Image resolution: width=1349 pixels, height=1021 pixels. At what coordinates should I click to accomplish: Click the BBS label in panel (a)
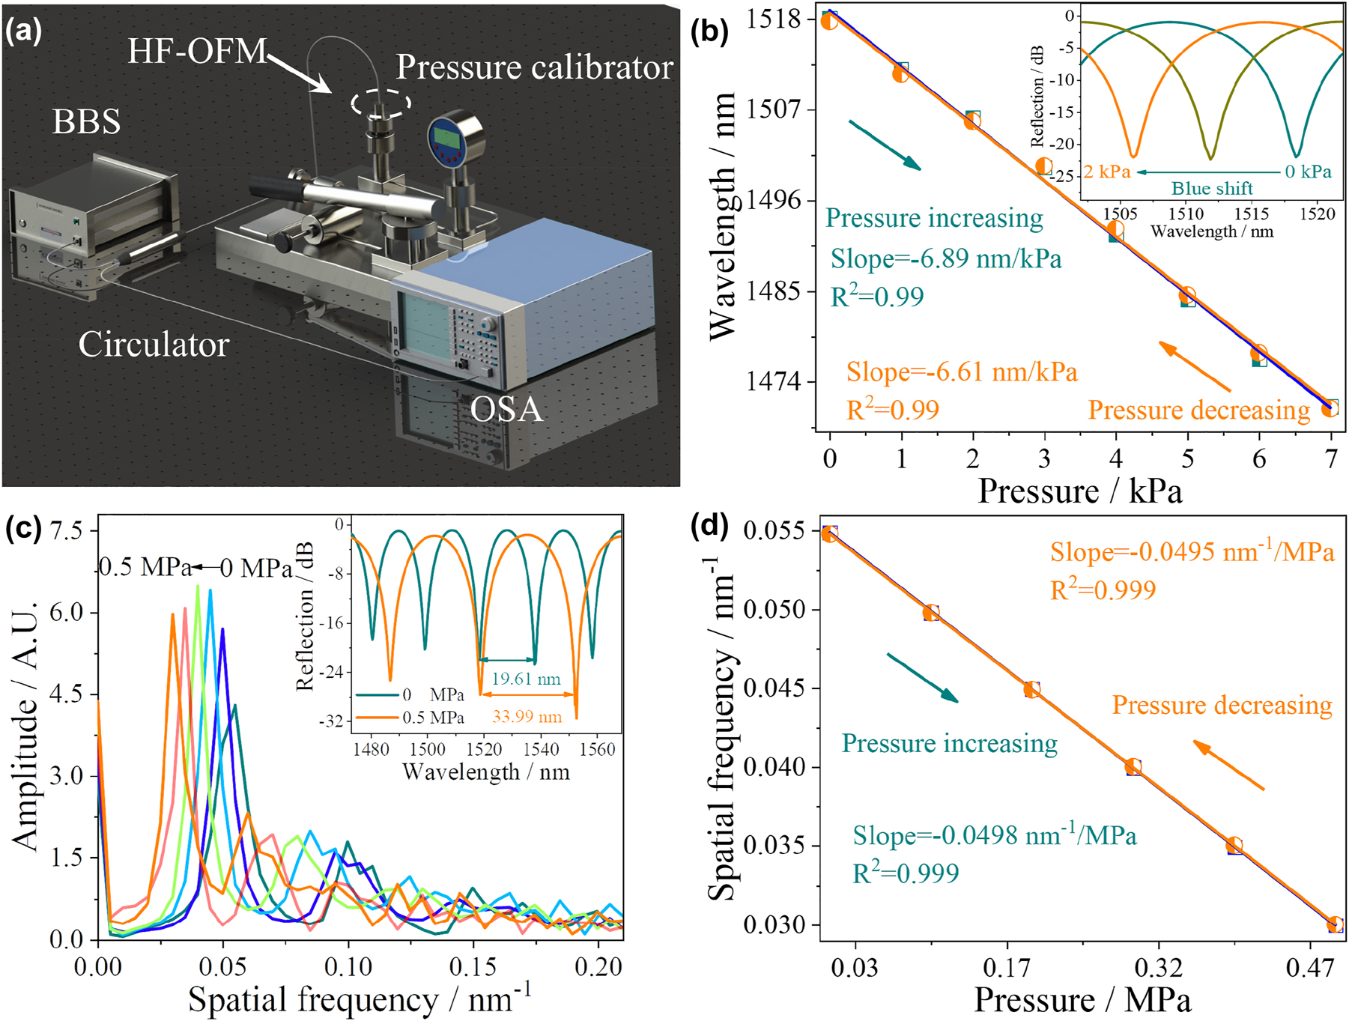pyautogui.click(x=86, y=121)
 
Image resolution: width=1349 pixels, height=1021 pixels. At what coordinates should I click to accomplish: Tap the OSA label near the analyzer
pyautogui.click(x=506, y=409)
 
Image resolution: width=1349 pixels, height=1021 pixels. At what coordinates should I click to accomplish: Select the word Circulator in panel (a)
pyautogui.click(x=154, y=345)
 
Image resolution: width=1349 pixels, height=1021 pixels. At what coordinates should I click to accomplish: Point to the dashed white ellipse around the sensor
pyautogui.click(x=381, y=103)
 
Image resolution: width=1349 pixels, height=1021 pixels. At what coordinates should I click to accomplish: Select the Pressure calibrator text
pyautogui.click(x=534, y=67)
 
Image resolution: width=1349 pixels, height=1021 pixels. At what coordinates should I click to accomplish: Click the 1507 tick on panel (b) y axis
pyautogui.click(x=774, y=109)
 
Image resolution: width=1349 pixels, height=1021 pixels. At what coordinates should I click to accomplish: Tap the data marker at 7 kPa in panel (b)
pyautogui.click(x=1330, y=408)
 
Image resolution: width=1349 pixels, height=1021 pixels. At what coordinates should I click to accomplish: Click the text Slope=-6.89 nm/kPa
pyautogui.click(x=946, y=258)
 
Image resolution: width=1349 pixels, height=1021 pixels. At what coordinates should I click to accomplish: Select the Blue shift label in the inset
pyautogui.click(x=1212, y=189)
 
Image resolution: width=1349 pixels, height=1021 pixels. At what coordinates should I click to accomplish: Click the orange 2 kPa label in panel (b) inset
pyautogui.click(x=1107, y=172)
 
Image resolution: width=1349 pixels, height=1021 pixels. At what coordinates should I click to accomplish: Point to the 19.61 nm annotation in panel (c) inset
pyautogui.click(x=526, y=679)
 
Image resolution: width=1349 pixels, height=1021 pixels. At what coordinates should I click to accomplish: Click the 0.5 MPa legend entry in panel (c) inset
pyautogui.click(x=433, y=718)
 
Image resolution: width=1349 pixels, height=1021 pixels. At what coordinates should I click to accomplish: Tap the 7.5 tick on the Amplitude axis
pyautogui.click(x=65, y=530)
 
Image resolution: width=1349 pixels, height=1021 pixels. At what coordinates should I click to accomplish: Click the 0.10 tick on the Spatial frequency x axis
pyautogui.click(x=348, y=967)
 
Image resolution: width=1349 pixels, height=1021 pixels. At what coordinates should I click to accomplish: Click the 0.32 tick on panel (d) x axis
pyautogui.click(x=1158, y=968)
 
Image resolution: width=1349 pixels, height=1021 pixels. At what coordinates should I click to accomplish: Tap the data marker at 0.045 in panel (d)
pyautogui.click(x=1032, y=689)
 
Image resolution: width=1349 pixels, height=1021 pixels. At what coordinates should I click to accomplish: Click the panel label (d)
pyautogui.click(x=709, y=527)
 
